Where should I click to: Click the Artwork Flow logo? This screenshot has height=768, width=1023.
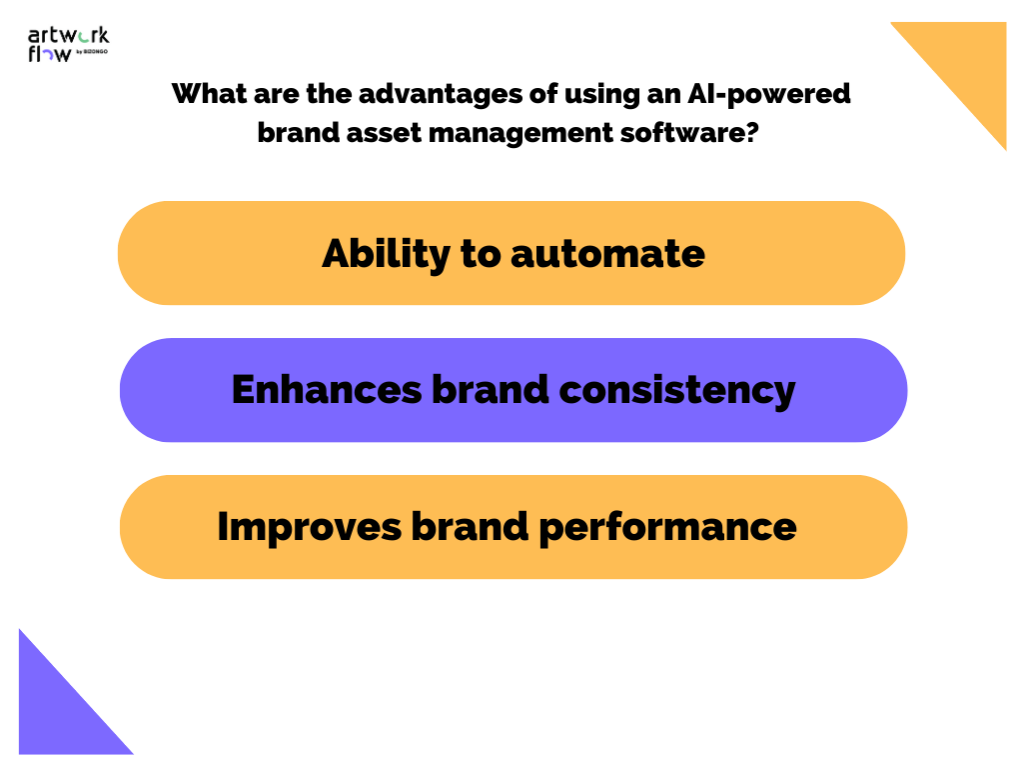pos(67,45)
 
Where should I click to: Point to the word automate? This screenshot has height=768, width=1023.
pos(607,254)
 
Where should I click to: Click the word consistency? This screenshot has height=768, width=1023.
pos(677,390)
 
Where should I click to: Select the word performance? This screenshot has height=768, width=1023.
pos(668,526)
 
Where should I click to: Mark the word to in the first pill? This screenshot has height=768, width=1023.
pos(481,254)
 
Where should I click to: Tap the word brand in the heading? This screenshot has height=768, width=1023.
pos(295,132)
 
